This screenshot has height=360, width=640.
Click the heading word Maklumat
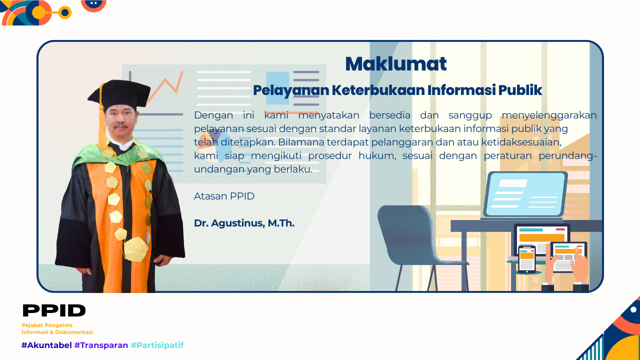point(395,64)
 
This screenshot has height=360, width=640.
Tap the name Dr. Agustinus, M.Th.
point(244,223)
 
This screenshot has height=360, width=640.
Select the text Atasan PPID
point(224,196)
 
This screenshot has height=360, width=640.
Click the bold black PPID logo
point(54,310)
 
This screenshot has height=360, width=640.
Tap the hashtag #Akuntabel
point(46,345)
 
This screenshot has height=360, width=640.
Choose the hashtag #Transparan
point(101,345)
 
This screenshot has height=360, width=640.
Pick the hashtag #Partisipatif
point(157,345)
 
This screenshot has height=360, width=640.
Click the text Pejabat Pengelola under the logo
point(47,325)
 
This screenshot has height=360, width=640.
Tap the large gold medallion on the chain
point(135,249)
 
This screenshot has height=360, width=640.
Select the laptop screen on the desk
point(525,194)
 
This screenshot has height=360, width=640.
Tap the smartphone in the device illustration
point(526,258)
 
